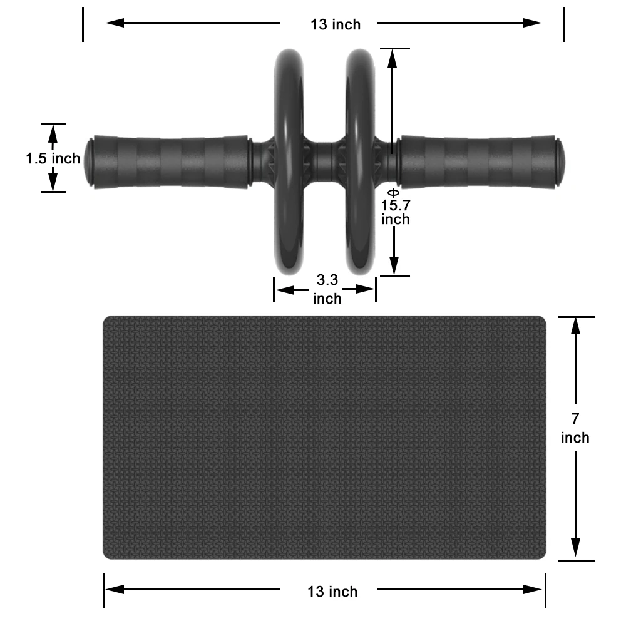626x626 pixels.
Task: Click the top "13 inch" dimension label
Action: tap(336, 25)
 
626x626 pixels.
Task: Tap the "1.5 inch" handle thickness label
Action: tap(53, 158)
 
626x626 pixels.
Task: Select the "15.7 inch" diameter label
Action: tap(395, 212)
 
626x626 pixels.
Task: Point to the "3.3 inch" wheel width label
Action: tap(327, 289)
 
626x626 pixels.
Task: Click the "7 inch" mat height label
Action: tap(575, 428)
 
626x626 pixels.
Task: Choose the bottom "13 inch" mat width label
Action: tap(332, 592)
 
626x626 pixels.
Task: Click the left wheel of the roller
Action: tap(289, 162)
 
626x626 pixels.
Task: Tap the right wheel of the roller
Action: tap(360, 162)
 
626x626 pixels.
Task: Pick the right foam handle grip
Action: tap(478, 162)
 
